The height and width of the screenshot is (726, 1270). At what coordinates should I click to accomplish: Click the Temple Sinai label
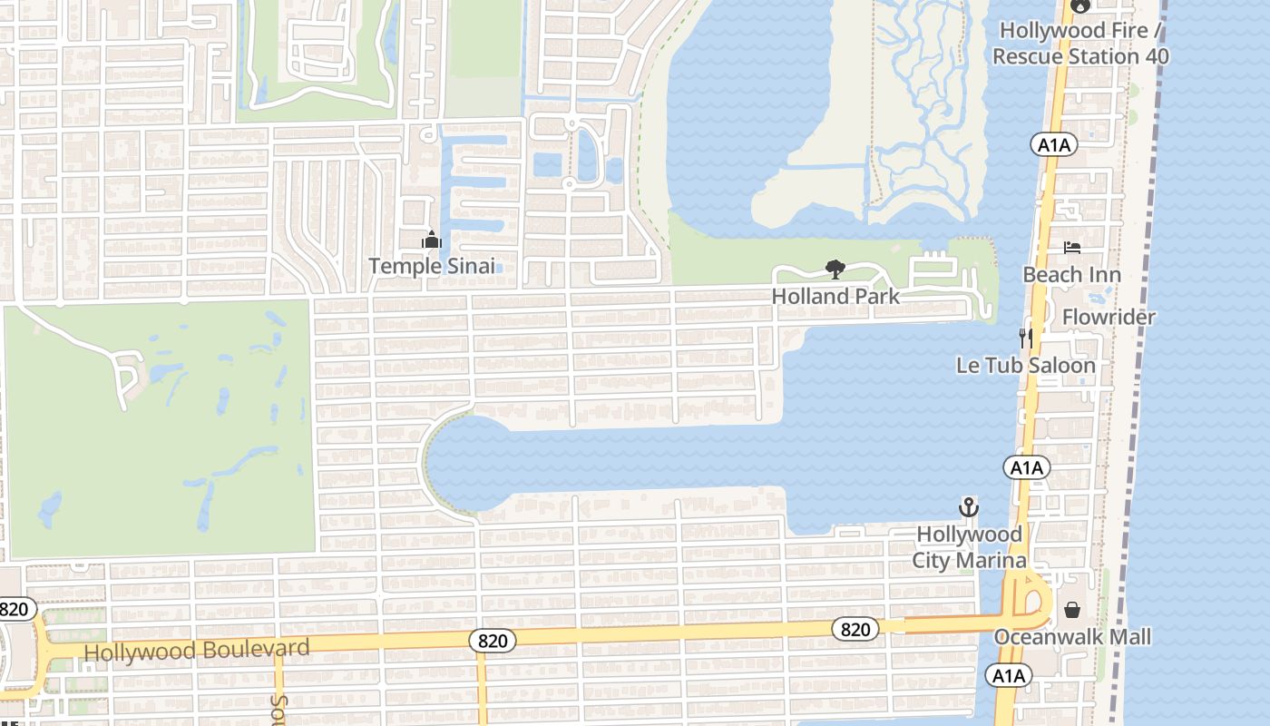click(432, 266)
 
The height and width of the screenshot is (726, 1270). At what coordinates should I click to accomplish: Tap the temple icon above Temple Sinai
click(432, 240)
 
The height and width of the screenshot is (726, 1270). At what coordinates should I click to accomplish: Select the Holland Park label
click(835, 296)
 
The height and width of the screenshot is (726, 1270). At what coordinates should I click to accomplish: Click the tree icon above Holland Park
click(835, 269)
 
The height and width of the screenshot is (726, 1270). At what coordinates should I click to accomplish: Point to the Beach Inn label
click(1071, 274)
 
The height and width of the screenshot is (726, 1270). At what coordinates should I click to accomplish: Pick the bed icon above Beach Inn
click(1071, 248)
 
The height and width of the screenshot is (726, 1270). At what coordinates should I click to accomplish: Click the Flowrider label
click(1109, 317)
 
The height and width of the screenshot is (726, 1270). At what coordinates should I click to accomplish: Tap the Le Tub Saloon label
click(1026, 365)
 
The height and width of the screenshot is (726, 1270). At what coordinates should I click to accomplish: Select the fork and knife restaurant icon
click(1026, 338)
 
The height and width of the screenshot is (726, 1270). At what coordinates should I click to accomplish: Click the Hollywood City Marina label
click(969, 547)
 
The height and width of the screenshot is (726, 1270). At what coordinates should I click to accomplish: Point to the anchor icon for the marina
click(969, 506)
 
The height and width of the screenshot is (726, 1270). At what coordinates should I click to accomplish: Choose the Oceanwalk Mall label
click(1072, 637)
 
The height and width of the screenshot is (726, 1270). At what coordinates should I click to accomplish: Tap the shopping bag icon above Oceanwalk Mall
click(1071, 610)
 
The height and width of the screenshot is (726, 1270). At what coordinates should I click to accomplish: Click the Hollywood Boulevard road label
click(197, 650)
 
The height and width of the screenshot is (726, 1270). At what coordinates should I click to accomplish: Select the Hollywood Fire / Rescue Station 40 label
click(1079, 43)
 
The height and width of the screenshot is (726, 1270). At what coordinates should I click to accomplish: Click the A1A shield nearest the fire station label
click(1053, 143)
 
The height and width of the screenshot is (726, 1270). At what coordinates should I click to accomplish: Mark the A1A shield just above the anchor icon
click(1026, 468)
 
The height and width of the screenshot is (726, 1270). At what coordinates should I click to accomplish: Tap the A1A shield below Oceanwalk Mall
click(1008, 675)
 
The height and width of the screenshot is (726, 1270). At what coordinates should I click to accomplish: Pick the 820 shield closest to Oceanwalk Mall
click(855, 629)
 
